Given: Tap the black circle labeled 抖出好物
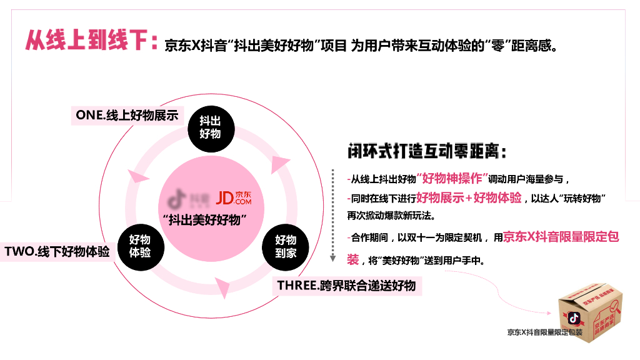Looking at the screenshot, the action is pos(210,127).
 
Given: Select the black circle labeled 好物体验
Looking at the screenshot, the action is pos(139,246).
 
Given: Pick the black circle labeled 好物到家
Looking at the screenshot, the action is pos(286,246).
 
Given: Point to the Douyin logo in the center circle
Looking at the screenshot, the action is pos(179,198).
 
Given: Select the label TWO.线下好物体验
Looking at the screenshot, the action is pos(57,252).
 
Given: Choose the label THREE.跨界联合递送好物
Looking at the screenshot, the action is pos(346,286).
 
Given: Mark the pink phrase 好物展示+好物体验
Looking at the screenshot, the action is pos(469,197).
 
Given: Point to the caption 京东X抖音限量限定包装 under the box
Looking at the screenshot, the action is pos(544,332).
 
